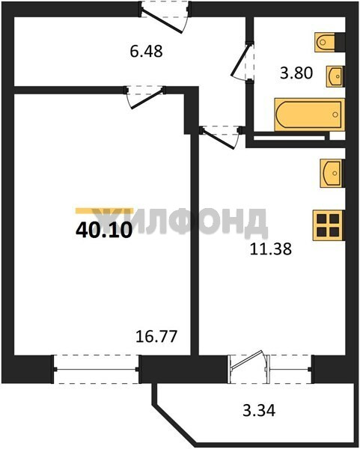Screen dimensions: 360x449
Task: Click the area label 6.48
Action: pyautogui.click(x=147, y=52)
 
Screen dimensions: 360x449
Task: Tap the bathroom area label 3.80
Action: pyautogui.click(x=296, y=73)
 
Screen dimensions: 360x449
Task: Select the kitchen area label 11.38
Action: pyautogui.click(x=271, y=248)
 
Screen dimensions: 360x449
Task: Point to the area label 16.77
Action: pyautogui.click(x=156, y=337)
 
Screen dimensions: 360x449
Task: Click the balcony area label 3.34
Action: pyautogui.click(x=259, y=411)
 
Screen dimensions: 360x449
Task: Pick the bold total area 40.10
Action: pyautogui.click(x=104, y=230)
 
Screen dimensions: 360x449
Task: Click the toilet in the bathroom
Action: pyautogui.click(x=325, y=43)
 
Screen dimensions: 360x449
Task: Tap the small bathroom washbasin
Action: pyautogui.click(x=335, y=76)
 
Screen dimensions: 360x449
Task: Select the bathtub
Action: pyautogui.click(x=309, y=114)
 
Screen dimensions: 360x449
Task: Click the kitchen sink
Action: pyautogui.click(x=332, y=174)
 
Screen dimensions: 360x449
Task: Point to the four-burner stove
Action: pyautogui.click(x=329, y=225)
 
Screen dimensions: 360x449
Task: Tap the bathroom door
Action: pyautogui.click(x=242, y=61)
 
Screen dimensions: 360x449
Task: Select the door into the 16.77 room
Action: pyautogui.click(x=145, y=97)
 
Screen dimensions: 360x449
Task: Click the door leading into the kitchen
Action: pyautogui.click(x=222, y=137)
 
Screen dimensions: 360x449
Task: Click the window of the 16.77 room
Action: pyautogui.click(x=97, y=370)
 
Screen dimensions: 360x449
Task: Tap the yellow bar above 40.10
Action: pyautogui.click(x=104, y=211)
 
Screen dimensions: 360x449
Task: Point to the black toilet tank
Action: pyautogui.click(x=340, y=43)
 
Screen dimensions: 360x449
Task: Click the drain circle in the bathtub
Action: pyautogui.click(x=335, y=114)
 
